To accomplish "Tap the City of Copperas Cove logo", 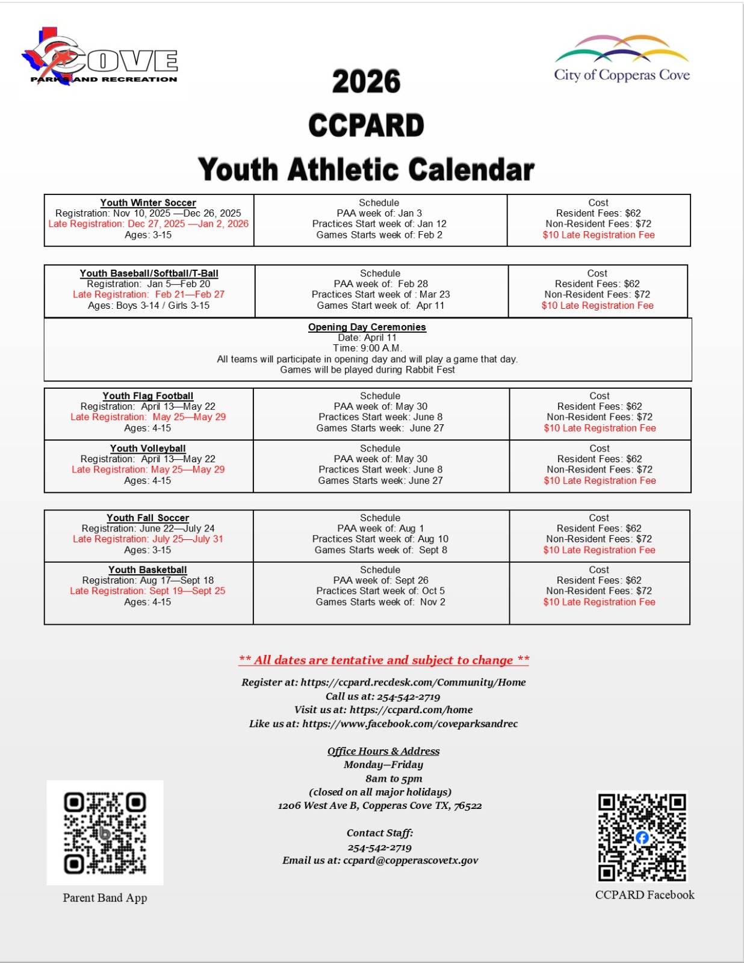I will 621,59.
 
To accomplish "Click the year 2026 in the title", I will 366,82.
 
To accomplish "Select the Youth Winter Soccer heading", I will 148,203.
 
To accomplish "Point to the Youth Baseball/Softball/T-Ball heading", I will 149,273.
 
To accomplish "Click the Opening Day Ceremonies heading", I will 367,327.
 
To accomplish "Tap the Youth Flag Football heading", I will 147,396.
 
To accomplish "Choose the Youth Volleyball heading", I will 147,448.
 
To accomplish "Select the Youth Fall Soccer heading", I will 147,518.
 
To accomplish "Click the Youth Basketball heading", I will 147,569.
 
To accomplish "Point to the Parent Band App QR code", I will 105,832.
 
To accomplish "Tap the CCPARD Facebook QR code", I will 642,837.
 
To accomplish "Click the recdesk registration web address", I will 413,683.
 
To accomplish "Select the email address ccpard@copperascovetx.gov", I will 411,861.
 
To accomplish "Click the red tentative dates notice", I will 384,660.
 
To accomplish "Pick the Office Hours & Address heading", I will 383,751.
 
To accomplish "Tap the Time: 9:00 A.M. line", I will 367,348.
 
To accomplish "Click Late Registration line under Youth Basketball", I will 147,591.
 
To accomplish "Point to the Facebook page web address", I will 410,724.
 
